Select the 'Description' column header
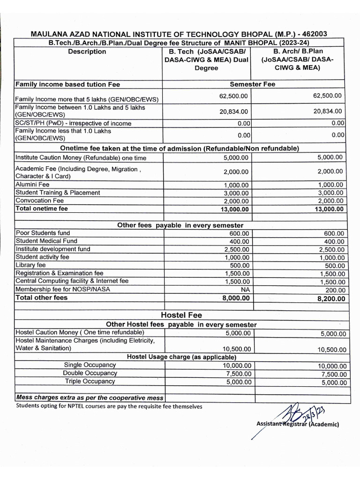click(87, 52)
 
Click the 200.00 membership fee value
click(335, 290)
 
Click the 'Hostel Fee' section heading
click(181, 315)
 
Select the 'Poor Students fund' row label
click(43, 233)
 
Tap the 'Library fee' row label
click(31, 265)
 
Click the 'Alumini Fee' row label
click(33, 185)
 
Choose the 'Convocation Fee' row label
click(39, 201)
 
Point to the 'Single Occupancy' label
click(90, 365)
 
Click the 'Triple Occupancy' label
click(90, 381)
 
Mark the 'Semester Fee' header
click(253, 84)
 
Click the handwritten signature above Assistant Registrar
click(295, 412)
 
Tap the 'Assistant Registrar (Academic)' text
click(298, 424)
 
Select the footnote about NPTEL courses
click(109, 406)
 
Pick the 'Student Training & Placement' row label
click(58, 193)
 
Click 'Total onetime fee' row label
click(42, 209)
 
